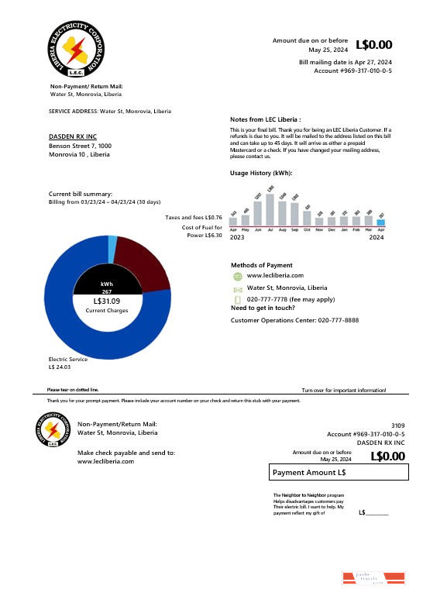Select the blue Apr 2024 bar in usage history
(380, 222)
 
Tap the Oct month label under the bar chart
(307, 230)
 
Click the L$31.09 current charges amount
(107, 301)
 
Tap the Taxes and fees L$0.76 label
(194, 218)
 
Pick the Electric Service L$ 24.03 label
(68, 363)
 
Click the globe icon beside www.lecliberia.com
(238, 276)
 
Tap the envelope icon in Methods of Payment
(238, 288)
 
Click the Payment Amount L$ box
(338, 472)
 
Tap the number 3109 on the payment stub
(397, 425)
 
